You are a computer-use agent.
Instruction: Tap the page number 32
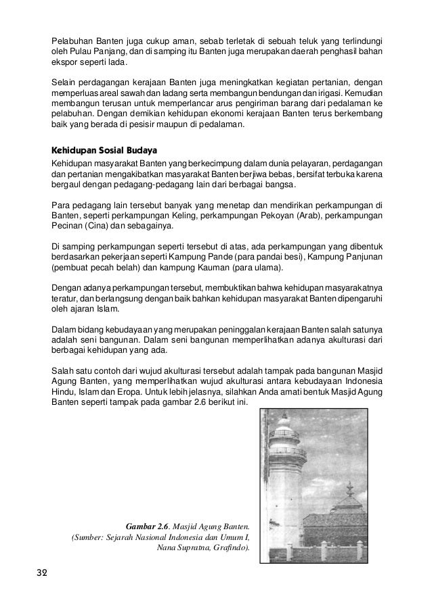coord(42,574)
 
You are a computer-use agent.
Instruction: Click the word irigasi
coord(334,91)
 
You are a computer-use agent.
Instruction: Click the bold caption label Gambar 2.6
coord(149,525)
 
